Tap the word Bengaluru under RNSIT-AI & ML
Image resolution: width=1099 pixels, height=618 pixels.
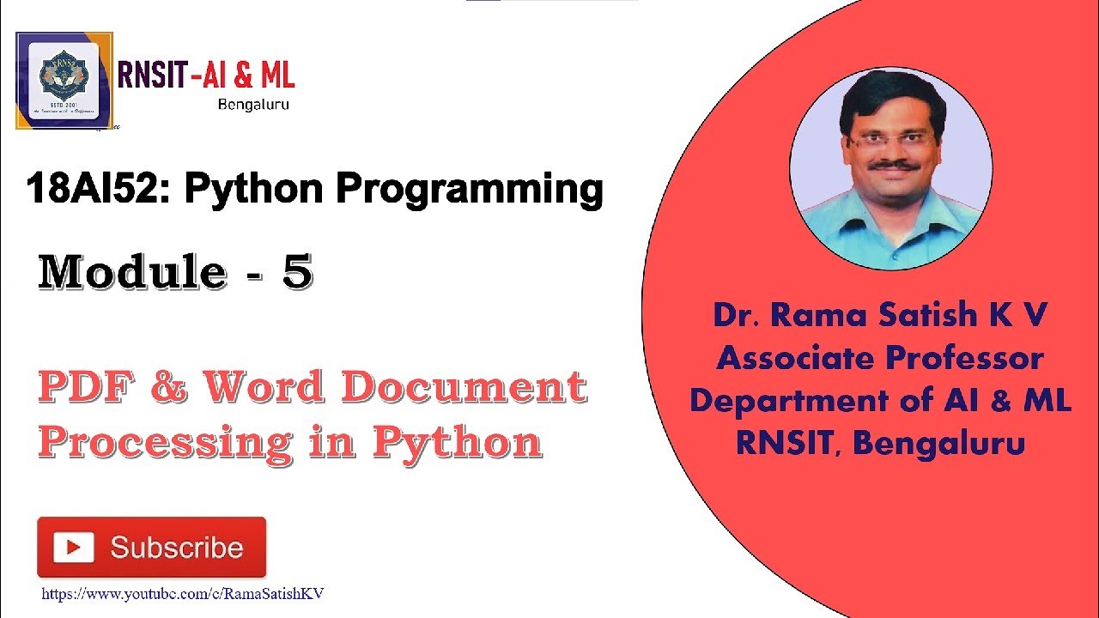(253, 105)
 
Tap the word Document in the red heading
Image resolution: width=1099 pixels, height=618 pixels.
(464, 388)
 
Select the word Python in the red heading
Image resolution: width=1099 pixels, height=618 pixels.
(457, 442)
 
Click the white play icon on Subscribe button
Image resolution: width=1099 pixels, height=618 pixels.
(74, 548)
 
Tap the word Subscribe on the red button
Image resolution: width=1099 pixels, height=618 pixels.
(176, 548)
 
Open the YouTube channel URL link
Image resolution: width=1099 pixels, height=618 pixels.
(183, 593)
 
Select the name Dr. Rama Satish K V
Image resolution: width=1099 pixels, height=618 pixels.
(880, 315)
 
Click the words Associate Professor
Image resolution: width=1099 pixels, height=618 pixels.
(880, 357)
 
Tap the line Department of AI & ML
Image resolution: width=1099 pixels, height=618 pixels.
(880, 400)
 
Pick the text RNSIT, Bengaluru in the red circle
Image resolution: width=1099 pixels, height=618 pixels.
(880, 443)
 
